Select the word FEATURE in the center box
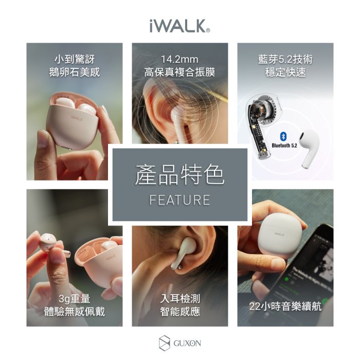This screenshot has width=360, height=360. click(179, 200)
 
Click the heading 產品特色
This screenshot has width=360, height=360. click(179, 175)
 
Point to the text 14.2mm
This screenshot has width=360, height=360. click(179, 59)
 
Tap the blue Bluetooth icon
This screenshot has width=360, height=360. click(282, 136)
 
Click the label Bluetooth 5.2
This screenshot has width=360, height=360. click(284, 146)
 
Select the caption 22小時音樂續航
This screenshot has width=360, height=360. click(285, 307)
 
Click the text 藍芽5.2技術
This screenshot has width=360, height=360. click(285, 59)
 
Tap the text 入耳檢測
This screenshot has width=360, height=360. click(179, 298)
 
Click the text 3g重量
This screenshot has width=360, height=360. click(75, 298)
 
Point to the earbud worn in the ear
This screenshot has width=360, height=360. click(185, 252)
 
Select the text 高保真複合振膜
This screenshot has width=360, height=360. click(179, 72)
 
